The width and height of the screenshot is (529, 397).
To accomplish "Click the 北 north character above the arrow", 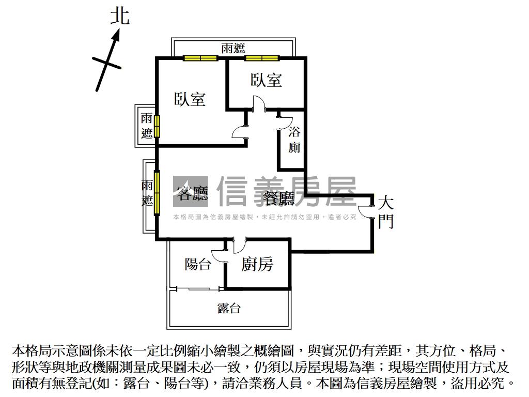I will tap(120, 16).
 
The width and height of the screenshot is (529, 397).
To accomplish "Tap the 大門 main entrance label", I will tap(386, 212).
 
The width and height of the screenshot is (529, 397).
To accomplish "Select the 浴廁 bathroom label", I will tap(294, 140).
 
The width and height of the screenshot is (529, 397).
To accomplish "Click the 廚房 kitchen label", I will tap(257, 265).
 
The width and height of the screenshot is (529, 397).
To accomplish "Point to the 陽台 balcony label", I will tap(198, 265).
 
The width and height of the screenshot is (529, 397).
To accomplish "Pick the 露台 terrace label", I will tap(228, 309).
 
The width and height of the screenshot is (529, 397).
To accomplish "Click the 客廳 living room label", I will tap(192, 194).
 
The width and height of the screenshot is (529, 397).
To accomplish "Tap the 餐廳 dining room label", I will tap(278, 198).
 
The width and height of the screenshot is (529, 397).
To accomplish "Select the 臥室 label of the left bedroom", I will tap(190, 99).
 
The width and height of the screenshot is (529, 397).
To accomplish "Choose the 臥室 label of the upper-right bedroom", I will tap(267, 80).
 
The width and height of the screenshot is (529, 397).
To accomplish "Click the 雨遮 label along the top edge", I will tap(232, 49).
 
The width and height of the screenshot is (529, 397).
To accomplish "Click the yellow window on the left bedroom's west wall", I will tap(157, 126).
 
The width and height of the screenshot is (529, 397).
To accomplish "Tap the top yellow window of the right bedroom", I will tap(262, 58).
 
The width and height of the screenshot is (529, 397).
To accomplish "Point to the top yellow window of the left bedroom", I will tap(200, 58).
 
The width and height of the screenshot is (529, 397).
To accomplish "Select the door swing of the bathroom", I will tap(283, 120).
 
